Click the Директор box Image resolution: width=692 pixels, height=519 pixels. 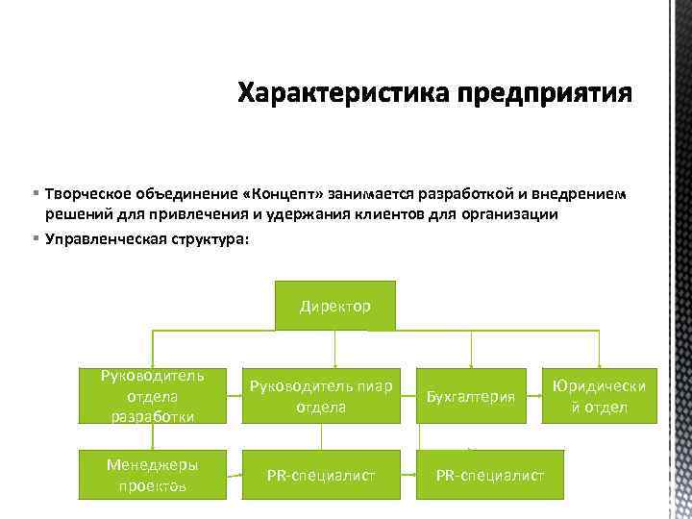(x=334, y=306)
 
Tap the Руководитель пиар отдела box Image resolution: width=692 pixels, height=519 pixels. (x=321, y=396)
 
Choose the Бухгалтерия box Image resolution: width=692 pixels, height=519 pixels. (x=471, y=396)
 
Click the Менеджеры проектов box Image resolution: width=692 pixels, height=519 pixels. (x=152, y=475)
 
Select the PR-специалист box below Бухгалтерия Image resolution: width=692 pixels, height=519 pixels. (x=489, y=475)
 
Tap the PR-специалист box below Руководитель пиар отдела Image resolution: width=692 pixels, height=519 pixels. (x=321, y=475)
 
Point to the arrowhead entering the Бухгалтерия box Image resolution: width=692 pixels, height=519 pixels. (x=471, y=364)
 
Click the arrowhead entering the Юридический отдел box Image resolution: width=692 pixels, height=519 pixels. (x=600, y=364)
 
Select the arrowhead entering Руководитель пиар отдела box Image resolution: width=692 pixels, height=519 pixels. (x=334, y=364)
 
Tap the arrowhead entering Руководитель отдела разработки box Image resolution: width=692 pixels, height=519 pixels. (x=152, y=364)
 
